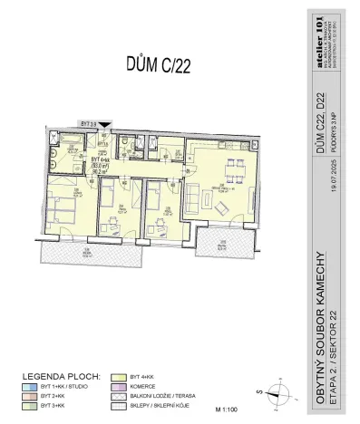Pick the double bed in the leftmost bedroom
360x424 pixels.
[62, 214]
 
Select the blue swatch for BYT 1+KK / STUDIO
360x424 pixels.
[27, 383]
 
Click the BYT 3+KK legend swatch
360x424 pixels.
[27, 404]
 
